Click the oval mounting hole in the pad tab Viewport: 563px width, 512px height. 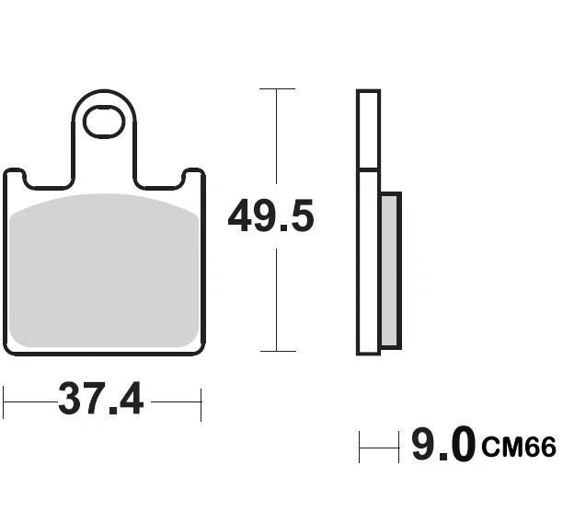click(x=103, y=122)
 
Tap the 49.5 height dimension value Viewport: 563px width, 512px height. click(x=271, y=218)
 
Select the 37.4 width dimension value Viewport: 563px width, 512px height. click(x=101, y=400)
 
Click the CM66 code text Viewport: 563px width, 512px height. click(x=518, y=448)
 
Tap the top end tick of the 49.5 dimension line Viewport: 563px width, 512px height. click(x=277, y=89)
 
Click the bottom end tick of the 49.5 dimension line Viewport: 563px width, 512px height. click(x=277, y=351)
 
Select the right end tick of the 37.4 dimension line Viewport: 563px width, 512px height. click(x=201, y=401)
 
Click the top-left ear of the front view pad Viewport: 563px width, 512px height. click(x=16, y=178)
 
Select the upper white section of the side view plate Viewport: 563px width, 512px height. click(x=368, y=130)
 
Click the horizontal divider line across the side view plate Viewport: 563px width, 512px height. click(x=368, y=169)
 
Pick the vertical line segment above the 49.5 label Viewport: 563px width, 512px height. click(x=277, y=138)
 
